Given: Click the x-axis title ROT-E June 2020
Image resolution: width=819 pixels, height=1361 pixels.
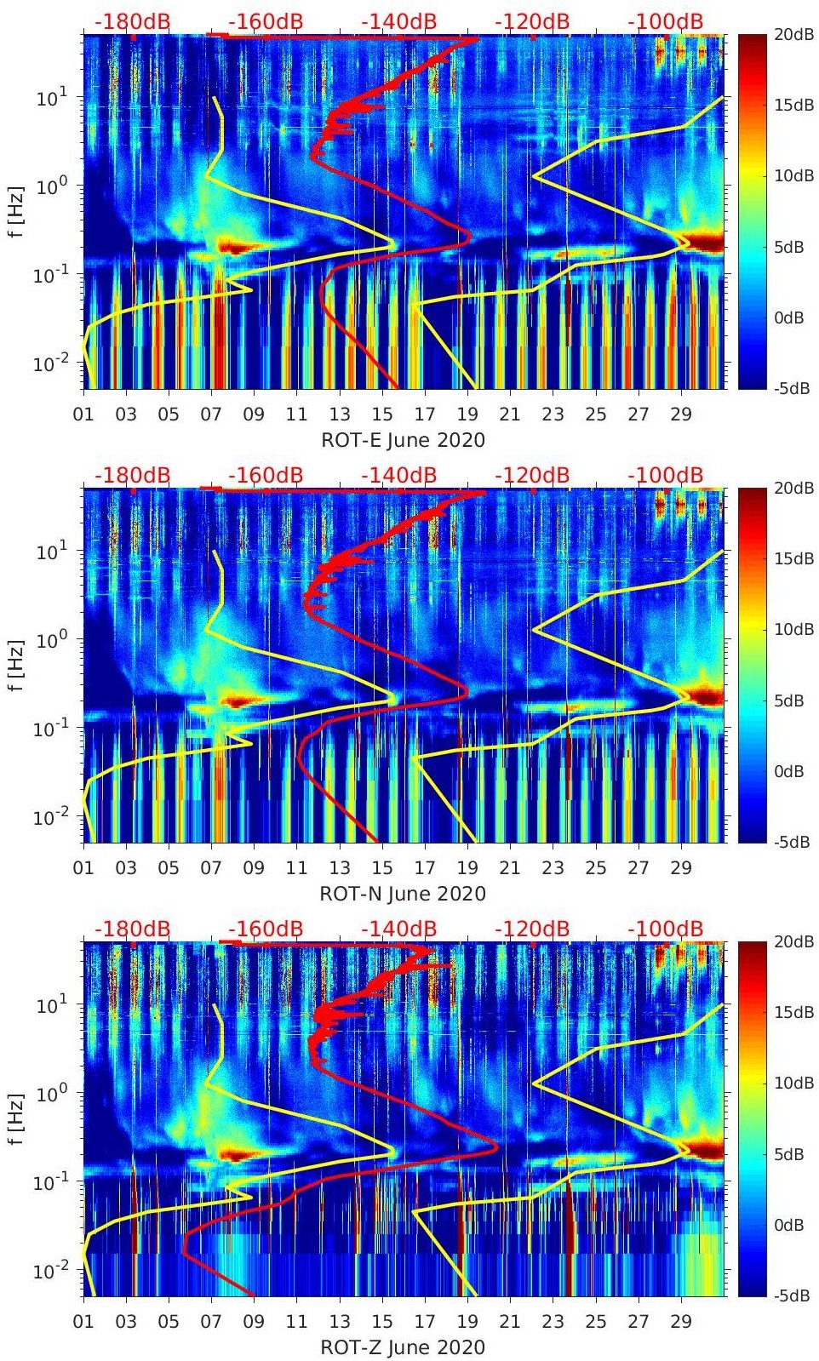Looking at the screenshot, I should tap(403, 440).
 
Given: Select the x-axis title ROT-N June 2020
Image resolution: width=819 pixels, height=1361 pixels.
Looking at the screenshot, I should tap(403, 894).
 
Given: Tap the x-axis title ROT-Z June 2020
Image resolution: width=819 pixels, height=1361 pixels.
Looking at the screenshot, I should tap(403, 1347).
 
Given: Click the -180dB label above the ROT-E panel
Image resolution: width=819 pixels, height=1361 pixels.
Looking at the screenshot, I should tap(132, 21).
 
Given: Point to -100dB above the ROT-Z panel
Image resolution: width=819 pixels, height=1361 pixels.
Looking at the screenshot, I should tap(666, 929).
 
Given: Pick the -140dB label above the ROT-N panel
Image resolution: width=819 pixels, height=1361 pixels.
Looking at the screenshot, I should tap(399, 475).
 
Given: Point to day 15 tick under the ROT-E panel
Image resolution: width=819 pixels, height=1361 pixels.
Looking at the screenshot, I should tap(382, 415).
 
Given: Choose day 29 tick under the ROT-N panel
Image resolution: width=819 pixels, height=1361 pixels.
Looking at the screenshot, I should tap(681, 868).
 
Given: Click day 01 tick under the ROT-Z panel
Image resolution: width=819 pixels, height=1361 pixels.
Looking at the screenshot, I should tap(83, 1322).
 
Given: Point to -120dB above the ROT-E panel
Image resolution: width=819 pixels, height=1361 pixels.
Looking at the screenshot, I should tap(532, 21).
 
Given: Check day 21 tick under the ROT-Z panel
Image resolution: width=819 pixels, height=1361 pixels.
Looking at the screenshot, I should tap(510, 1322).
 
